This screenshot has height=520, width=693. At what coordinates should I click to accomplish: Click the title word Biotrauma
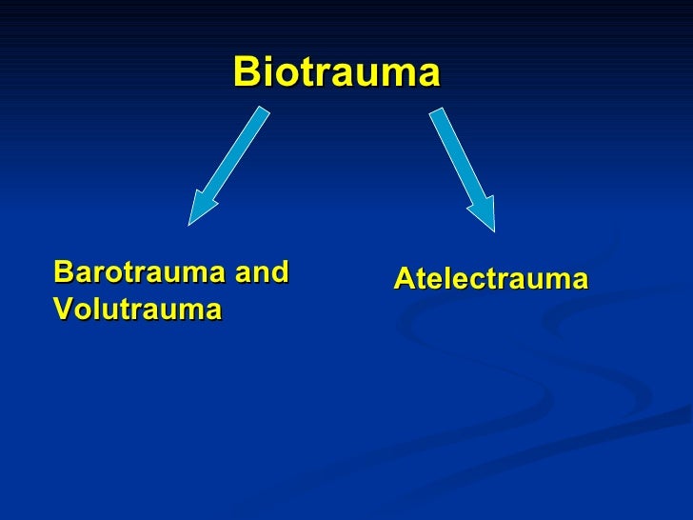(336, 71)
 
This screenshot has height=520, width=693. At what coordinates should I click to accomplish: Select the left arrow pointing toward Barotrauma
(228, 167)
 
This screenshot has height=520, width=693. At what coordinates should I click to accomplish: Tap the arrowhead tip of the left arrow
(189, 224)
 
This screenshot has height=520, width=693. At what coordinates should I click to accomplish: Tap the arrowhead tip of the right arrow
(493, 230)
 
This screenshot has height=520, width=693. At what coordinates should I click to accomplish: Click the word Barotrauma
(140, 272)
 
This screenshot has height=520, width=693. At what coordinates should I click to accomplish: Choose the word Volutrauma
(137, 310)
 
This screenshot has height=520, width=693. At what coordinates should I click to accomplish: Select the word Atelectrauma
(490, 280)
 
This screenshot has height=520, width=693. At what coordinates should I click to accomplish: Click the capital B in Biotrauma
(247, 71)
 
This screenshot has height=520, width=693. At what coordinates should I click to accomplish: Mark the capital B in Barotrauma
(63, 272)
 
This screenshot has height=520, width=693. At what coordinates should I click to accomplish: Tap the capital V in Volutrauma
(63, 310)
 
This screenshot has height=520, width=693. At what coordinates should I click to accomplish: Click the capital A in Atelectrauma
(403, 280)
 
